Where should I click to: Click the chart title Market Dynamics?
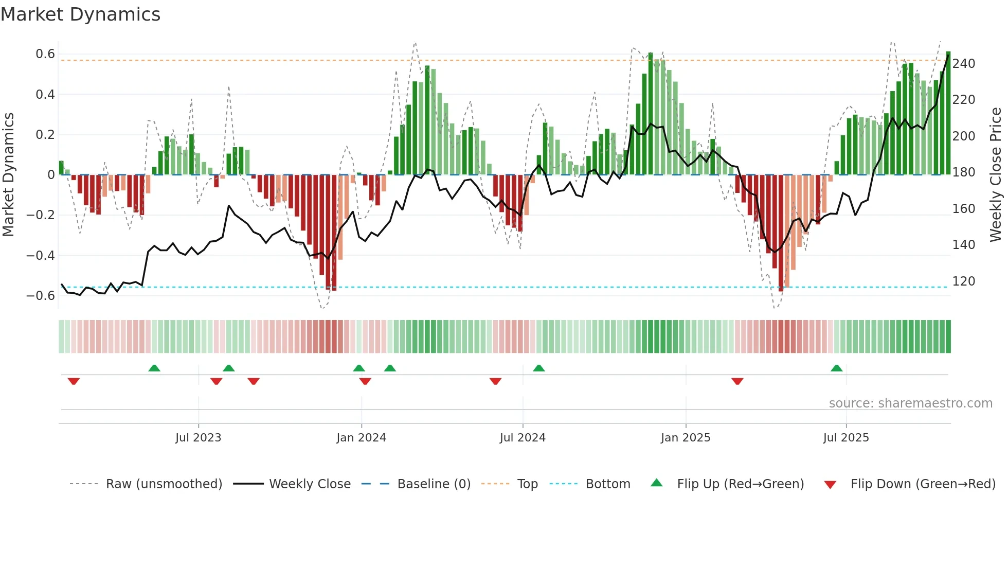click(80, 14)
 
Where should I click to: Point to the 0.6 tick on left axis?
click(45, 54)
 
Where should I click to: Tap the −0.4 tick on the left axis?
click(41, 255)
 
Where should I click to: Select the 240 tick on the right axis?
click(963, 64)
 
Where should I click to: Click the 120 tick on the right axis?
click(963, 281)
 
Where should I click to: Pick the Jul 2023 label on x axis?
click(198, 438)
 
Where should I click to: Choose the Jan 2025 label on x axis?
click(685, 438)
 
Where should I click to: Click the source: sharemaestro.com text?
click(910, 403)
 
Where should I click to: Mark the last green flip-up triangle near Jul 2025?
click(836, 368)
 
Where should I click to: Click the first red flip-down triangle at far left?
click(74, 381)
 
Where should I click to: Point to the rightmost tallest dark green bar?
click(948, 113)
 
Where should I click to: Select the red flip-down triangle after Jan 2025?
click(737, 381)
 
